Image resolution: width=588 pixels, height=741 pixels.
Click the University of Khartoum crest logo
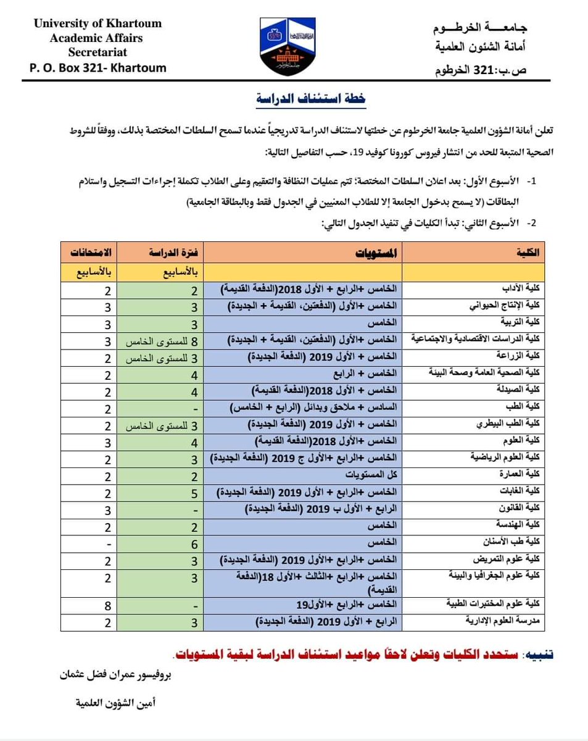(294, 48)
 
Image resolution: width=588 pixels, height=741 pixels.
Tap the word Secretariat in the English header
(97, 52)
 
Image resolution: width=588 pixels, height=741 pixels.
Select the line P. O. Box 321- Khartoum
(97, 68)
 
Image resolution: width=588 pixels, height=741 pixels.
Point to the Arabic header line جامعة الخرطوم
(490, 30)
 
